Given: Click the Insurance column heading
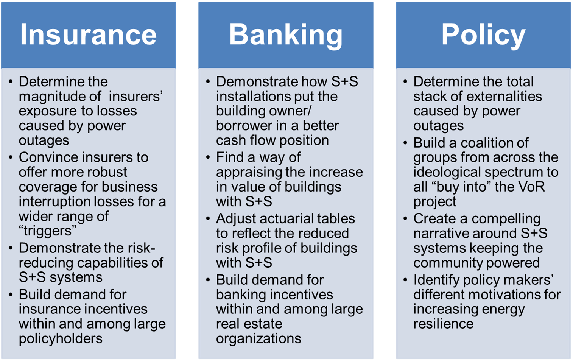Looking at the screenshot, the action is click(x=88, y=34).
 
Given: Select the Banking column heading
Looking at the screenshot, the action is click(x=286, y=36).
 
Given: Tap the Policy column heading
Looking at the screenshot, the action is click(x=483, y=36).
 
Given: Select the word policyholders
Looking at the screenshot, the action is click(x=61, y=338).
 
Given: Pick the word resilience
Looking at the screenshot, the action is click(x=444, y=324).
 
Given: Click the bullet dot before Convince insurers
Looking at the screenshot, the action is click(x=11, y=157).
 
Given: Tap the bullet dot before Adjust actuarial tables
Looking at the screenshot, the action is click(x=208, y=219).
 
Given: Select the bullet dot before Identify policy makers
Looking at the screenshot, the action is click(x=405, y=280).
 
